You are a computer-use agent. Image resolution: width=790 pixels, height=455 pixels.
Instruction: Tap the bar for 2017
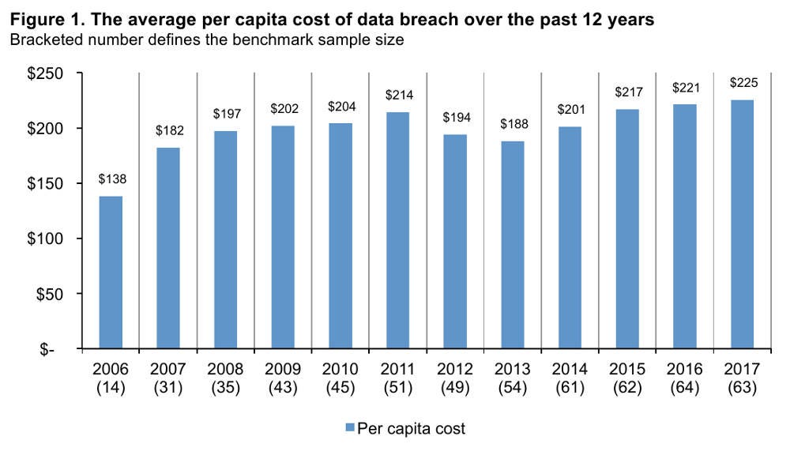coord(743,224)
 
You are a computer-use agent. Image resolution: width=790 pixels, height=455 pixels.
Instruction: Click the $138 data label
coord(111,179)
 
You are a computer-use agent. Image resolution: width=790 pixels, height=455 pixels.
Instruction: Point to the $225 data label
coord(743,82)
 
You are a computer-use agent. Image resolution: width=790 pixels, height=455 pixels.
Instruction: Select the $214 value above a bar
coord(398,95)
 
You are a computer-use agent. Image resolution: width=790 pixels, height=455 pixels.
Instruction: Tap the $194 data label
coord(456,117)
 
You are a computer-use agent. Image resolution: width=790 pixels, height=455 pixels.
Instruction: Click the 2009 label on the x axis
coord(283,369)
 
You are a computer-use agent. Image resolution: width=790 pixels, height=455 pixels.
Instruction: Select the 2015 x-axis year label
coord(628,369)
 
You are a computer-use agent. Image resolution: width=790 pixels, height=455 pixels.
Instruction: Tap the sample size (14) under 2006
coord(111,387)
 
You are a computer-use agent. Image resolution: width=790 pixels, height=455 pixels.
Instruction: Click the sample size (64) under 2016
coord(686,387)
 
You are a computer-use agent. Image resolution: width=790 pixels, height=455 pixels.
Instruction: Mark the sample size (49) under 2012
coord(456,387)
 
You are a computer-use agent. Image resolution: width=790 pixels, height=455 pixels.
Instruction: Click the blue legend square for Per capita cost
coord(349,429)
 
